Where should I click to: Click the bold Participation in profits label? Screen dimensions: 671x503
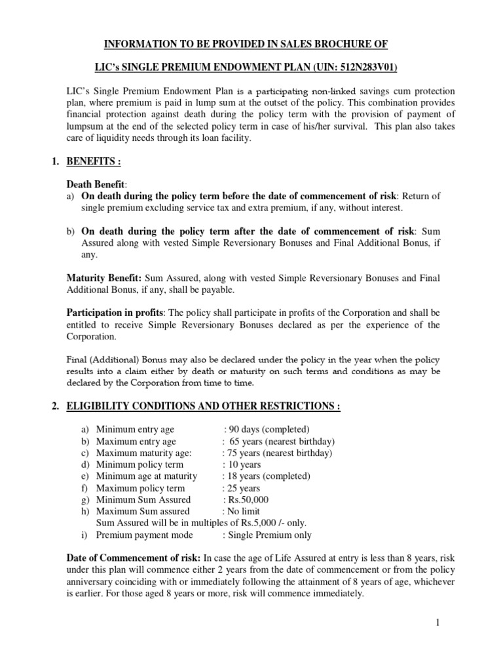(114, 313)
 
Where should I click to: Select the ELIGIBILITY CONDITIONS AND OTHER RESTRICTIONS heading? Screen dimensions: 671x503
(203, 406)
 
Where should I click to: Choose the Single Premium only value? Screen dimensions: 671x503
(269, 535)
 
